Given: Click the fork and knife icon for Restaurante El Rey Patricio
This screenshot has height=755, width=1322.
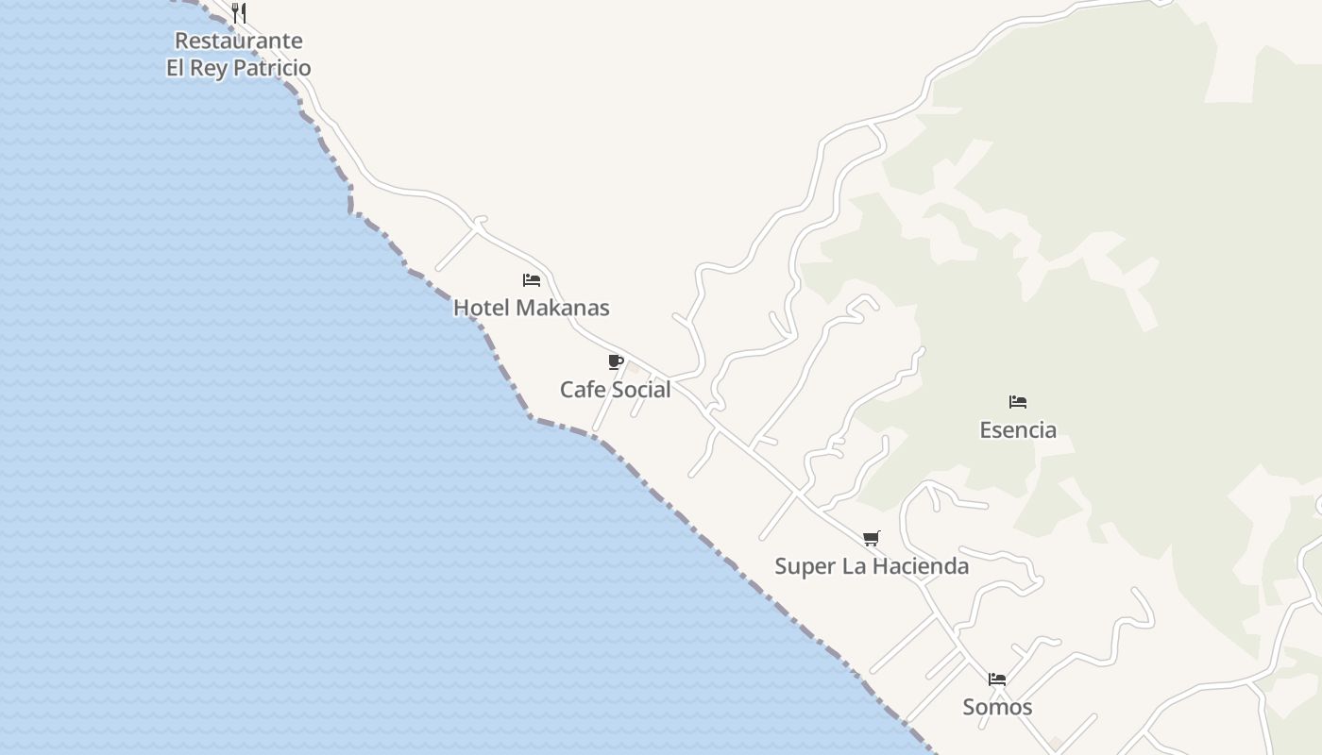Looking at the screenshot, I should point(239,13).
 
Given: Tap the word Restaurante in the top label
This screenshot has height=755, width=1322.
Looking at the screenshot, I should point(239,41).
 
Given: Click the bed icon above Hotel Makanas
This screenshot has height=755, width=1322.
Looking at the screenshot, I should point(532,280).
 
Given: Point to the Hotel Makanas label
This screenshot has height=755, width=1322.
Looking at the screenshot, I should point(532,308).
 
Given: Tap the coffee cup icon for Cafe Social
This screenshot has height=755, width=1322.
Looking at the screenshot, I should point(616,362).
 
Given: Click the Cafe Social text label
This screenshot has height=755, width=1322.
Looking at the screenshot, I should point(616,390).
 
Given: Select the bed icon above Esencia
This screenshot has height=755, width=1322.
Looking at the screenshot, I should point(1018,402).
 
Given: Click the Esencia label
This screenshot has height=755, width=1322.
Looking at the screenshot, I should point(1018,430).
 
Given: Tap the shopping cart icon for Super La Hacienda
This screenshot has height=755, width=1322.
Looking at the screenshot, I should point(872,539).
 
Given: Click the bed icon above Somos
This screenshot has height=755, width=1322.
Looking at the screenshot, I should point(997,679).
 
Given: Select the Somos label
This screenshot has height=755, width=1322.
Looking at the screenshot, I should point(997,707).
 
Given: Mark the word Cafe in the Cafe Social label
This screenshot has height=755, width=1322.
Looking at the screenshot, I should point(582,390).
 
